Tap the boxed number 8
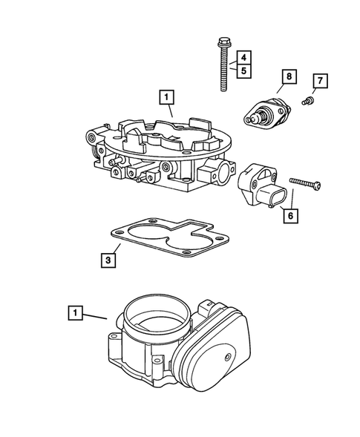pos(287,76)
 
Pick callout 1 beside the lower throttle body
pos(76,312)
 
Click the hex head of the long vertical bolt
pos(222,39)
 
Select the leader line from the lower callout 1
pos(96,316)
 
